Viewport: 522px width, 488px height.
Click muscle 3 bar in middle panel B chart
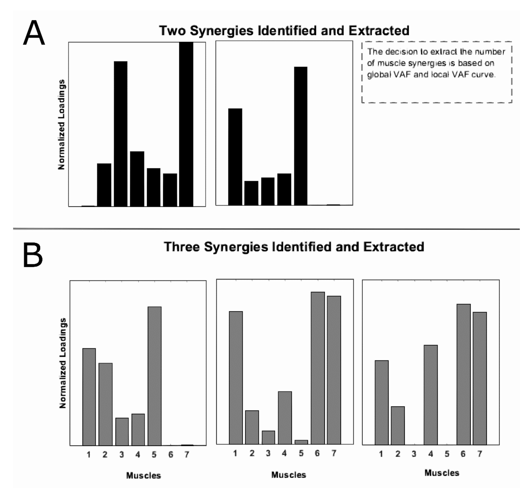[x=268, y=438]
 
